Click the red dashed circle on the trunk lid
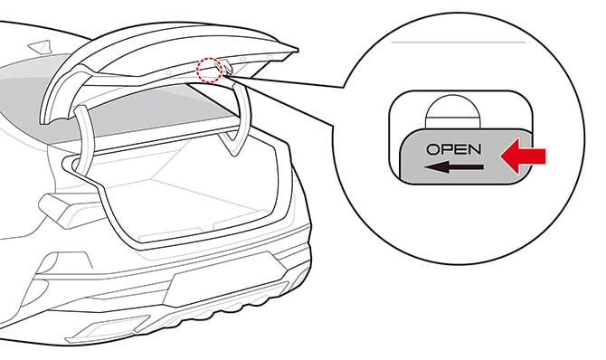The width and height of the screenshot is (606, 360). tap(209, 70)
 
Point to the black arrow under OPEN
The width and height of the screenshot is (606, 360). tap(452, 166)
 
